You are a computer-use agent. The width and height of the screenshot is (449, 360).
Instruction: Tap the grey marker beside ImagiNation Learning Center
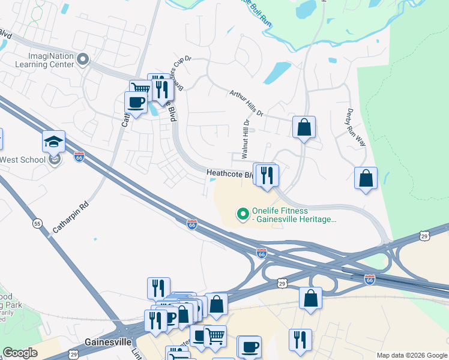(x=83, y=59)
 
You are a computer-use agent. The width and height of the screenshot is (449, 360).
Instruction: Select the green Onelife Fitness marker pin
(x=243, y=214)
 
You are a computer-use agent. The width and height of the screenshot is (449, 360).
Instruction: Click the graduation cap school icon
(x=53, y=143)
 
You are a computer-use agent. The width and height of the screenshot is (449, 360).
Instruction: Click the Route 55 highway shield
(x=37, y=224)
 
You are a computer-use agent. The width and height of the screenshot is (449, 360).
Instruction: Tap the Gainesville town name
(x=107, y=342)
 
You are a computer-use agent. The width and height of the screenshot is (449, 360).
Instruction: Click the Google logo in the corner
(x=20, y=353)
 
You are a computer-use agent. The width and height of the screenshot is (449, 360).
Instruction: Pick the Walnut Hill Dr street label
(x=246, y=139)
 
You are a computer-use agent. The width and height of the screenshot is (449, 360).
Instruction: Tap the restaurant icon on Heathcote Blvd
(x=265, y=175)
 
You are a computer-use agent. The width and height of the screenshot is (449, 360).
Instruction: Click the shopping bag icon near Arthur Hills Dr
(x=304, y=127)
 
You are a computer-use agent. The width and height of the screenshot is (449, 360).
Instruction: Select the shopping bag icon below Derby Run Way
(x=366, y=178)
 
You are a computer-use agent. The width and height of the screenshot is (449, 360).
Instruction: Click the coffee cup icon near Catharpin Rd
(x=136, y=103)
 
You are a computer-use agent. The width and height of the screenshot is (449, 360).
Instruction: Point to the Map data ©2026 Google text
(x=412, y=355)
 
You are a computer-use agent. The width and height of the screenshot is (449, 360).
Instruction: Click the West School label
(x=22, y=160)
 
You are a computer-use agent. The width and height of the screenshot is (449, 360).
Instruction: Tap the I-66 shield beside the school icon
(x=79, y=157)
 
